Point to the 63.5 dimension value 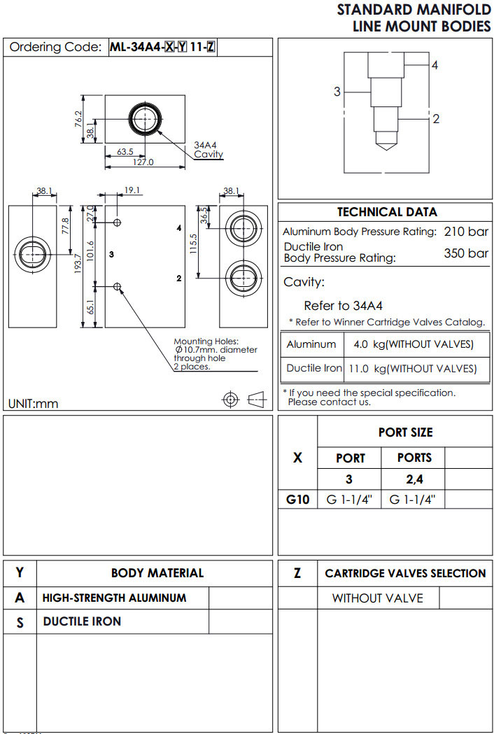pyautogui.click(x=125, y=151)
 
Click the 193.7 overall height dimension pyautogui.click(x=78, y=266)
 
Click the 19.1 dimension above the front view pyautogui.click(x=132, y=190)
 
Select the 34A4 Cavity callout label pyautogui.click(x=208, y=150)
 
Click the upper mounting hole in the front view pyautogui.click(x=118, y=223)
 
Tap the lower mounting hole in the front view pyautogui.click(x=118, y=286)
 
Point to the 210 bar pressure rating pyautogui.click(x=466, y=232)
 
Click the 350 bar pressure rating pyautogui.click(x=466, y=253)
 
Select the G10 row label pyautogui.click(x=297, y=500)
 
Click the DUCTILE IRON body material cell pyautogui.click(x=82, y=621)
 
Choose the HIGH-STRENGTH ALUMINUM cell pyautogui.click(x=114, y=598)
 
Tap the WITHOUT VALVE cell pyautogui.click(x=377, y=598)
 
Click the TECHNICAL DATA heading pyautogui.click(x=387, y=212)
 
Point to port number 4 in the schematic pyautogui.click(x=435, y=65)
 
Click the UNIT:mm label pyautogui.click(x=33, y=404)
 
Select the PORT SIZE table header pyautogui.click(x=405, y=432)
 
